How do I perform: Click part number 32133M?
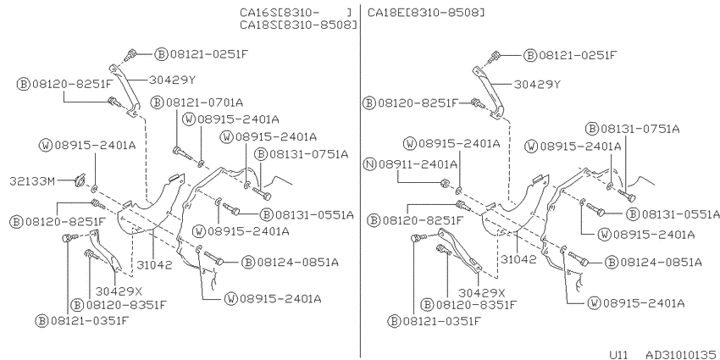pos(31,181)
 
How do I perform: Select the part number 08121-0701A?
pos(204,102)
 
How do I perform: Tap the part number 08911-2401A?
pos(418,163)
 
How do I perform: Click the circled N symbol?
pos(369,163)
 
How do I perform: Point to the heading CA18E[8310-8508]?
pos(426,13)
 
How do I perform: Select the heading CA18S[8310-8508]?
pos(298,25)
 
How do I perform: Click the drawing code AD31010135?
pos(683,354)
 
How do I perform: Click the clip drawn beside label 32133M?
pos(80,181)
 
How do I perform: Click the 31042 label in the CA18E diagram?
pos(518,259)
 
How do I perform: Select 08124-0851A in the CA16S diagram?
pos(297,263)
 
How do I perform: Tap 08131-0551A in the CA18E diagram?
pos(680,214)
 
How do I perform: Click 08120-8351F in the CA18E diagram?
pos(476,304)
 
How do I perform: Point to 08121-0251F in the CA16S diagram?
pos(209,54)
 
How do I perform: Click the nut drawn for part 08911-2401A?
pos(445,184)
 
